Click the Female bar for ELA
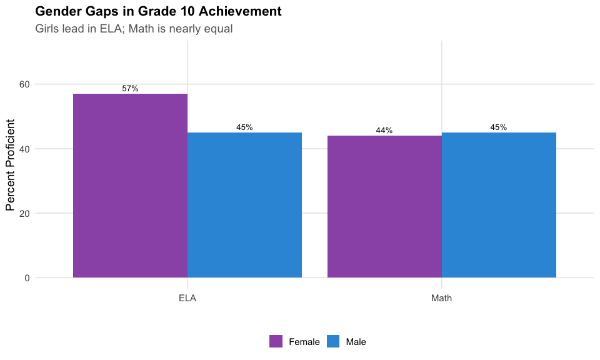click(x=130, y=186)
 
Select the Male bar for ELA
click(x=244, y=205)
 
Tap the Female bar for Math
click(x=384, y=206)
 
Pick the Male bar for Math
click(x=499, y=205)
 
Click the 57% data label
click(x=130, y=89)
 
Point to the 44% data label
click(x=384, y=131)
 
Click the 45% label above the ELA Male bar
click(x=244, y=127)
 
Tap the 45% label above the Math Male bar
click(x=499, y=127)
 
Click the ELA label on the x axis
click(x=187, y=298)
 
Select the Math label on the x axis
click(x=442, y=298)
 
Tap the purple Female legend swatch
click(x=276, y=341)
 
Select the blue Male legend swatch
click(x=333, y=341)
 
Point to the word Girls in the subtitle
click(x=48, y=29)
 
